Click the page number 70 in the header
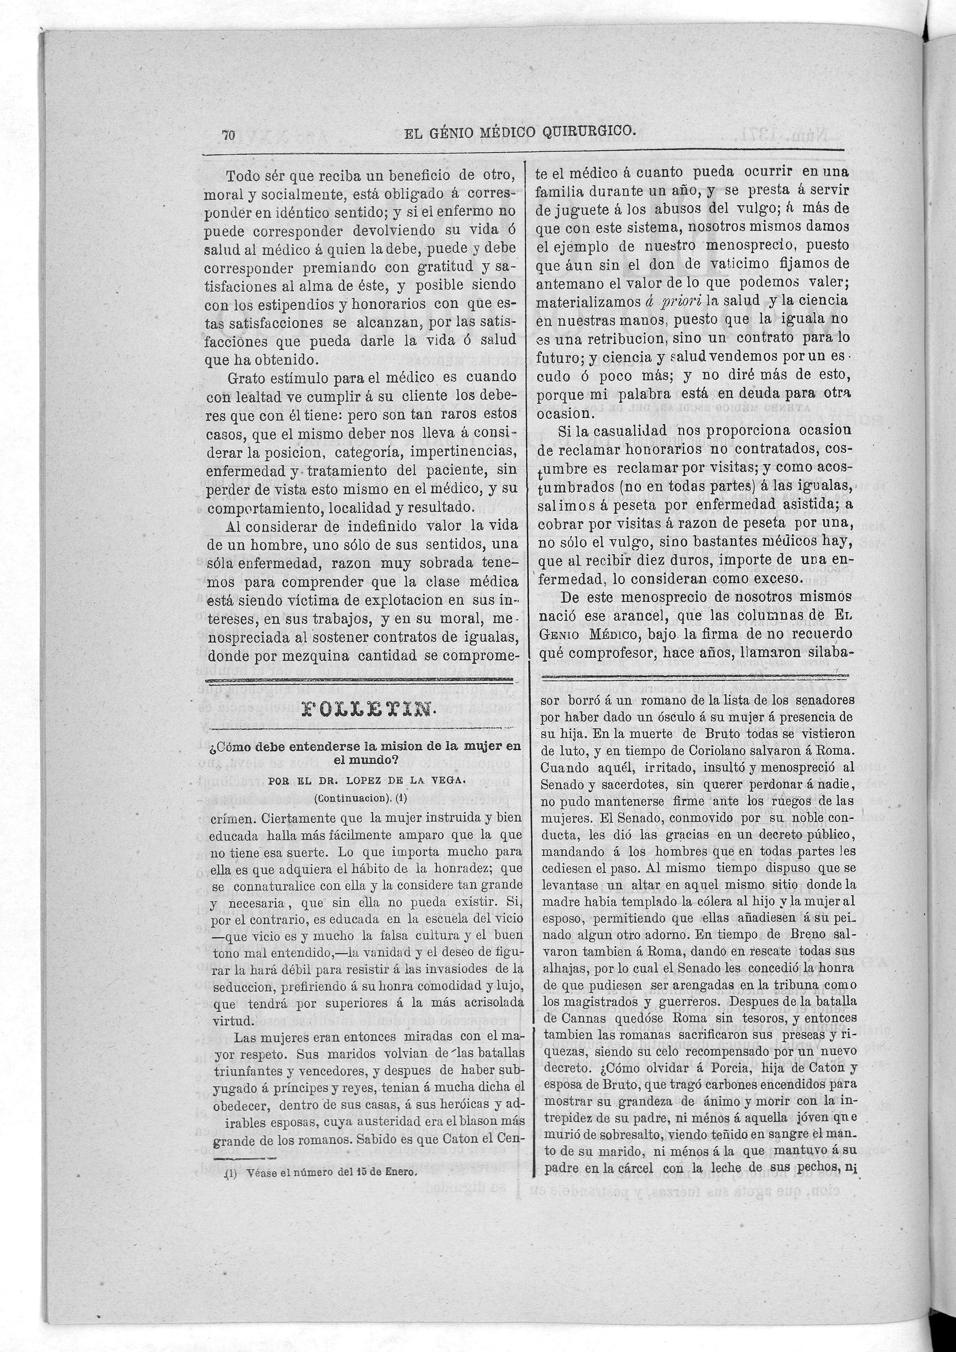point(228,135)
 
